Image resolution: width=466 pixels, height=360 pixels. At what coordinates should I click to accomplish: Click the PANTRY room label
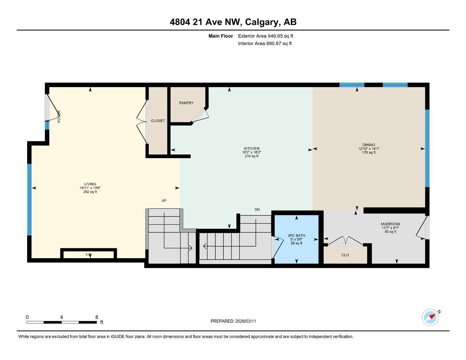186,103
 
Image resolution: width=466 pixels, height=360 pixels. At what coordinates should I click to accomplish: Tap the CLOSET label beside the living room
158,121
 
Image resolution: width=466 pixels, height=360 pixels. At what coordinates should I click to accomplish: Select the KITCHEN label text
251,149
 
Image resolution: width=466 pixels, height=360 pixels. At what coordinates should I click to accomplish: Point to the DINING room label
369,145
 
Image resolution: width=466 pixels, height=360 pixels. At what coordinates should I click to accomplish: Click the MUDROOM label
390,224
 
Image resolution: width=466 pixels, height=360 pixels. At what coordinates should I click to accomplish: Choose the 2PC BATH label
296,236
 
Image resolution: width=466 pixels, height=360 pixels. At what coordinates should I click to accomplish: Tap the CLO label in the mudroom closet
345,255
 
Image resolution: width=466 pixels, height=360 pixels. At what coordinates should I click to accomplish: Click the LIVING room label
90,184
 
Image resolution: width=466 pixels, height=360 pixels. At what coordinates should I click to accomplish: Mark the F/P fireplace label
89,254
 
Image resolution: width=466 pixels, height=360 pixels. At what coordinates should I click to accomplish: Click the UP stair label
164,200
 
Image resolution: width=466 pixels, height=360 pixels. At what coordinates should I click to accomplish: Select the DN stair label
257,210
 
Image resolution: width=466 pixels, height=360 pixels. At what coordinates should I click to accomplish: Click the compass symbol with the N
430,317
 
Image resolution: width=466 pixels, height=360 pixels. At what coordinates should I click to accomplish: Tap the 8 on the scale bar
97,317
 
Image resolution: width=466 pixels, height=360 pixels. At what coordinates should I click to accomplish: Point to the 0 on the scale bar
27,317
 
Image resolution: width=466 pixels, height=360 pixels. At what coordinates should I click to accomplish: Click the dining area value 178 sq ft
369,153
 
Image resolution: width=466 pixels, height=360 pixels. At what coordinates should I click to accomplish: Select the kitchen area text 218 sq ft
251,156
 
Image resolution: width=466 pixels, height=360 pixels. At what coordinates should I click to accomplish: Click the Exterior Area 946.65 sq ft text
266,36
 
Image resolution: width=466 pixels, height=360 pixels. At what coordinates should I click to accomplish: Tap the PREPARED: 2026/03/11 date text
236,321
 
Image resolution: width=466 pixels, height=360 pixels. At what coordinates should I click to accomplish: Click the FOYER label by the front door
59,116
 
